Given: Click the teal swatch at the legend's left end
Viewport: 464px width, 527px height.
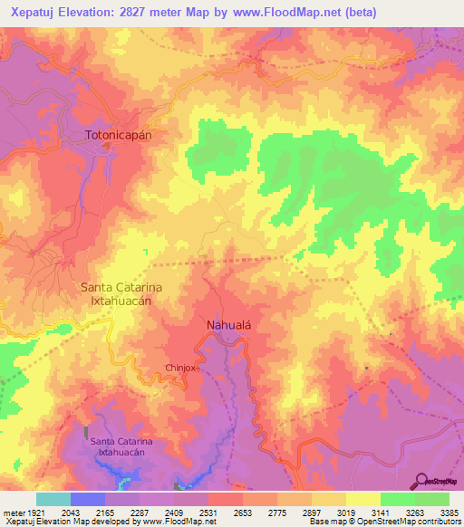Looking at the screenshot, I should [53, 499].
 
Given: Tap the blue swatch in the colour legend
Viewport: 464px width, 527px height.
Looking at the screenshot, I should [88, 499].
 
